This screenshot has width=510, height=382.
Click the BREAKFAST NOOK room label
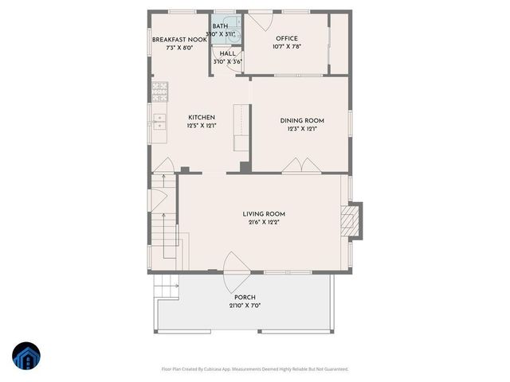(180, 40)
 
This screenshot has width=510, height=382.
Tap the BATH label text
(220, 26)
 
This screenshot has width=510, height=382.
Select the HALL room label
(227, 53)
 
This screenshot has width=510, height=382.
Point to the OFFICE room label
(287, 38)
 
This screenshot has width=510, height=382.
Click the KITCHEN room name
(201, 117)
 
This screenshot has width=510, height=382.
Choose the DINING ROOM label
(299, 120)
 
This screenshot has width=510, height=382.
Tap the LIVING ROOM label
(264, 214)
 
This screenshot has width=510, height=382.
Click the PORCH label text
(245, 297)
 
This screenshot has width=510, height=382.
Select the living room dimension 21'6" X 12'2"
(264, 223)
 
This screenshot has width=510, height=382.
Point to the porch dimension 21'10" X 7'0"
(245, 306)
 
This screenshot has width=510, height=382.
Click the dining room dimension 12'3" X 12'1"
(299, 129)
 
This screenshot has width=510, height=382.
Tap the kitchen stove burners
(159, 88)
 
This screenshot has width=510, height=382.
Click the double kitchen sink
(159, 122)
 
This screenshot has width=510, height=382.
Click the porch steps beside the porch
(165, 286)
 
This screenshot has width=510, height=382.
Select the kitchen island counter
(241, 127)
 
